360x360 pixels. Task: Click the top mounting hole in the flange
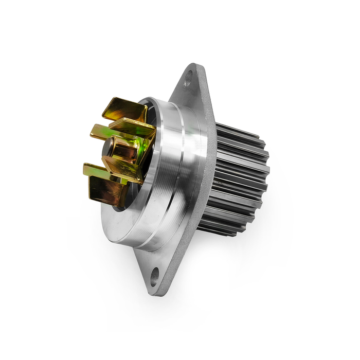click(188, 78)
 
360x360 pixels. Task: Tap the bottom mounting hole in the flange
click(155, 278)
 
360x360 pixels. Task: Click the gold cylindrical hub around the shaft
click(123, 149)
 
